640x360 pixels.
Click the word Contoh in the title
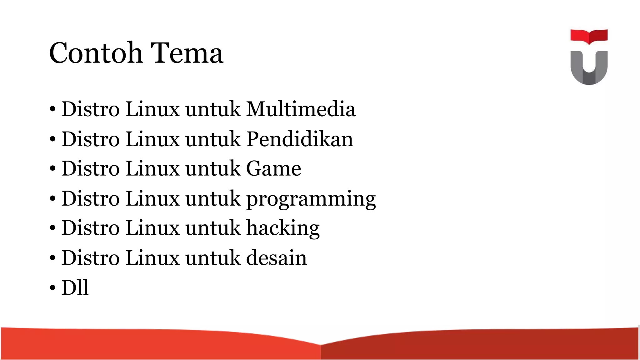[96, 53]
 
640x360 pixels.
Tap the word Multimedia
[301, 109]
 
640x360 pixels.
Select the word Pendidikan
[300, 139]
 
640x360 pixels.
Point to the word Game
[273, 169]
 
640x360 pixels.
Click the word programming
[311, 199]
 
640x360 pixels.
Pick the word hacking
[283, 228]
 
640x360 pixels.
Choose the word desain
[277, 258]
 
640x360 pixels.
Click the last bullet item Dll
[75, 287]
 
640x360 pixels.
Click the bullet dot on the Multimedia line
[52, 110]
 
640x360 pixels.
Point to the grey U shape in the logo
[589, 70]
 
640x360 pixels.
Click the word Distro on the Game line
[91, 169]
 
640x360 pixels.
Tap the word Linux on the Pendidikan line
[152, 139]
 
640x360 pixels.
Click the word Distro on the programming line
[91, 199]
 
